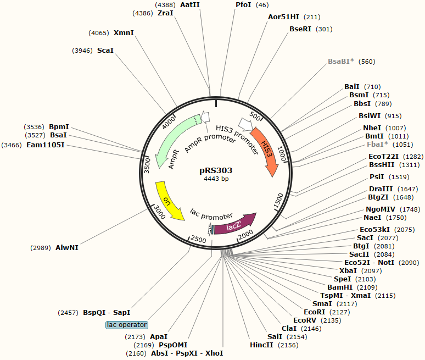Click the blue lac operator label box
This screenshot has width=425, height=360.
point(127,325)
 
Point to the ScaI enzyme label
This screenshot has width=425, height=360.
point(105,51)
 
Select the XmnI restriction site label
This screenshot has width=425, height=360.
point(124,33)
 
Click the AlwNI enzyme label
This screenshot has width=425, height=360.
point(67,248)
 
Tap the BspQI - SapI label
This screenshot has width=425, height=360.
point(107,312)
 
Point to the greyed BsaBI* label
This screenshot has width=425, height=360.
point(341,62)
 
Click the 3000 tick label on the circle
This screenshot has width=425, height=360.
point(159,209)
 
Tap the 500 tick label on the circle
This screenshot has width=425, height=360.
point(255,118)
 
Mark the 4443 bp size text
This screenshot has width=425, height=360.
point(216,179)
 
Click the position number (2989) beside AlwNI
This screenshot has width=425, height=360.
point(41,248)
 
